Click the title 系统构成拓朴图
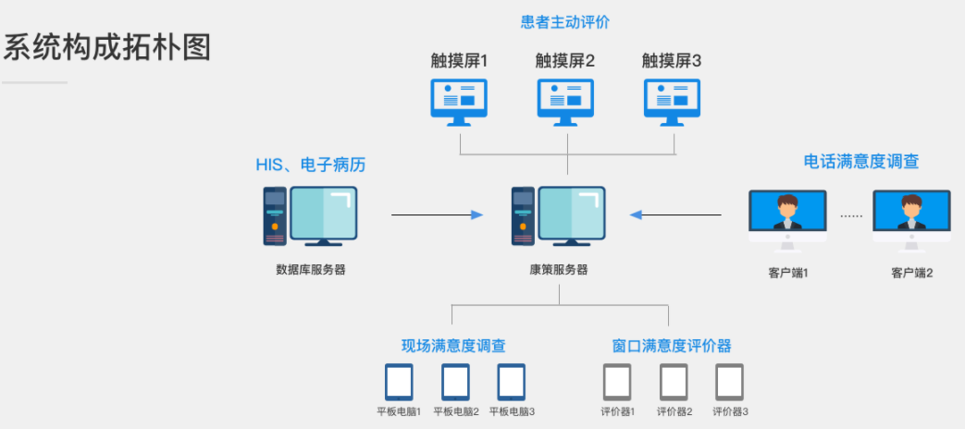pyautogui.click(x=107, y=48)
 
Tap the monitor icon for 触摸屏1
pyautogui.click(x=459, y=101)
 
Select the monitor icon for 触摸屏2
pyautogui.click(x=565, y=101)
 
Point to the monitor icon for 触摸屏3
pyautogui.click(x=672, y=101)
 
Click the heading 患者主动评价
pyautogui.click(x=565, y=20)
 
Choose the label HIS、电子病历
pyautogui.click(x=311, y=165)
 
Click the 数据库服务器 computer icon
pyautogui.click(x=310, y=216)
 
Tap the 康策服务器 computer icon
pyautogui.click(x=559, y=216)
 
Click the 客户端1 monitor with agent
pyautogui.click(x=787, y=220)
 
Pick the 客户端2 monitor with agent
pyautogui.click(x=911, y=220)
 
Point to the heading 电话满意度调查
pyautogui.click(x=861, y=162)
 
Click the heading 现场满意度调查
pyautogui.click(x=453, y=346)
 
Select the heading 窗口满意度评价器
pyautogui.click(x=672, y=346)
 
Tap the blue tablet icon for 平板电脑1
pyautogui.click(x=399, y=382)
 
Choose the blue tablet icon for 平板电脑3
pyautogui.click(x=512, y=382)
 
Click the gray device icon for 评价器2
pyautogui.click(x=674, y=382)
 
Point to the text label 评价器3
pyautogui.click(x=730, y=411)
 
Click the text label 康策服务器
pyautogui.click(x=559, y=270)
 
